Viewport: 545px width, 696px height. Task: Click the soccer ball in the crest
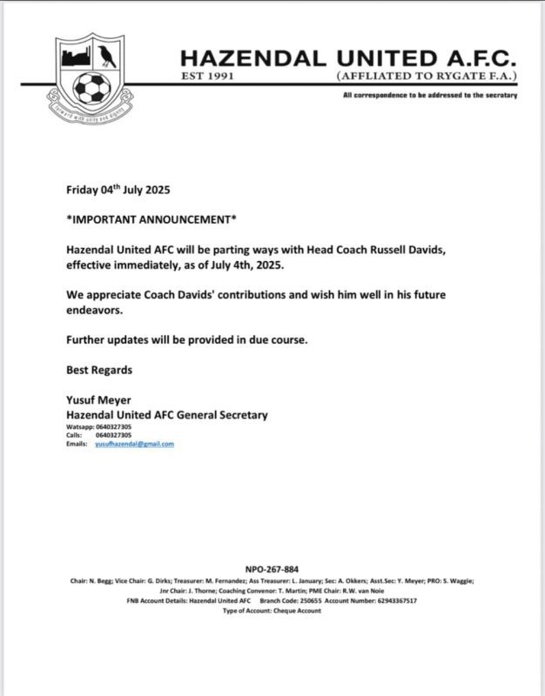tap(91, 86)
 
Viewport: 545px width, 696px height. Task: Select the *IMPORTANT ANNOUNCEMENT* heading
tap(151, 218)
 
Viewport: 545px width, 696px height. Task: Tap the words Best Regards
tap(99, 370)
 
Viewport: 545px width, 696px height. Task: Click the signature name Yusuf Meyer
tap(99, 401)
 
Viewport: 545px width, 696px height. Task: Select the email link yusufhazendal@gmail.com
tap(134, 444)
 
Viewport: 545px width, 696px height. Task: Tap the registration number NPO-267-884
tap(272, 569)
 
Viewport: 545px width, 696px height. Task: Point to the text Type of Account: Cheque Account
tap(272, 611)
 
